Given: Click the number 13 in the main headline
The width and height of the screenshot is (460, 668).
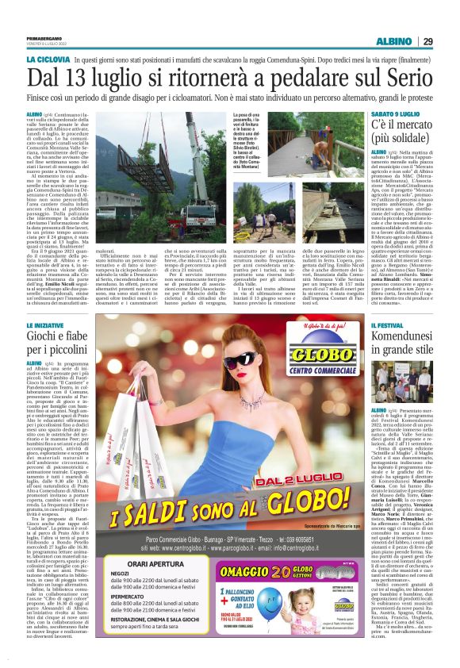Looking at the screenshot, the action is [83, 79].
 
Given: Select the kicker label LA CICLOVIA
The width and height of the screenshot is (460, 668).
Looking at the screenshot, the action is [49, 60].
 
